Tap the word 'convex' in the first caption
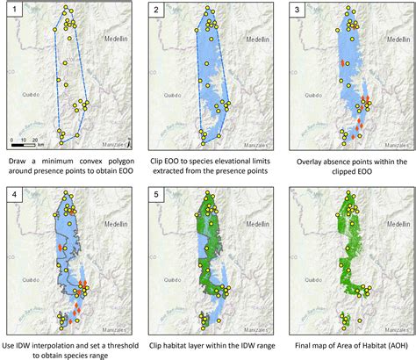point(85,162)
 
